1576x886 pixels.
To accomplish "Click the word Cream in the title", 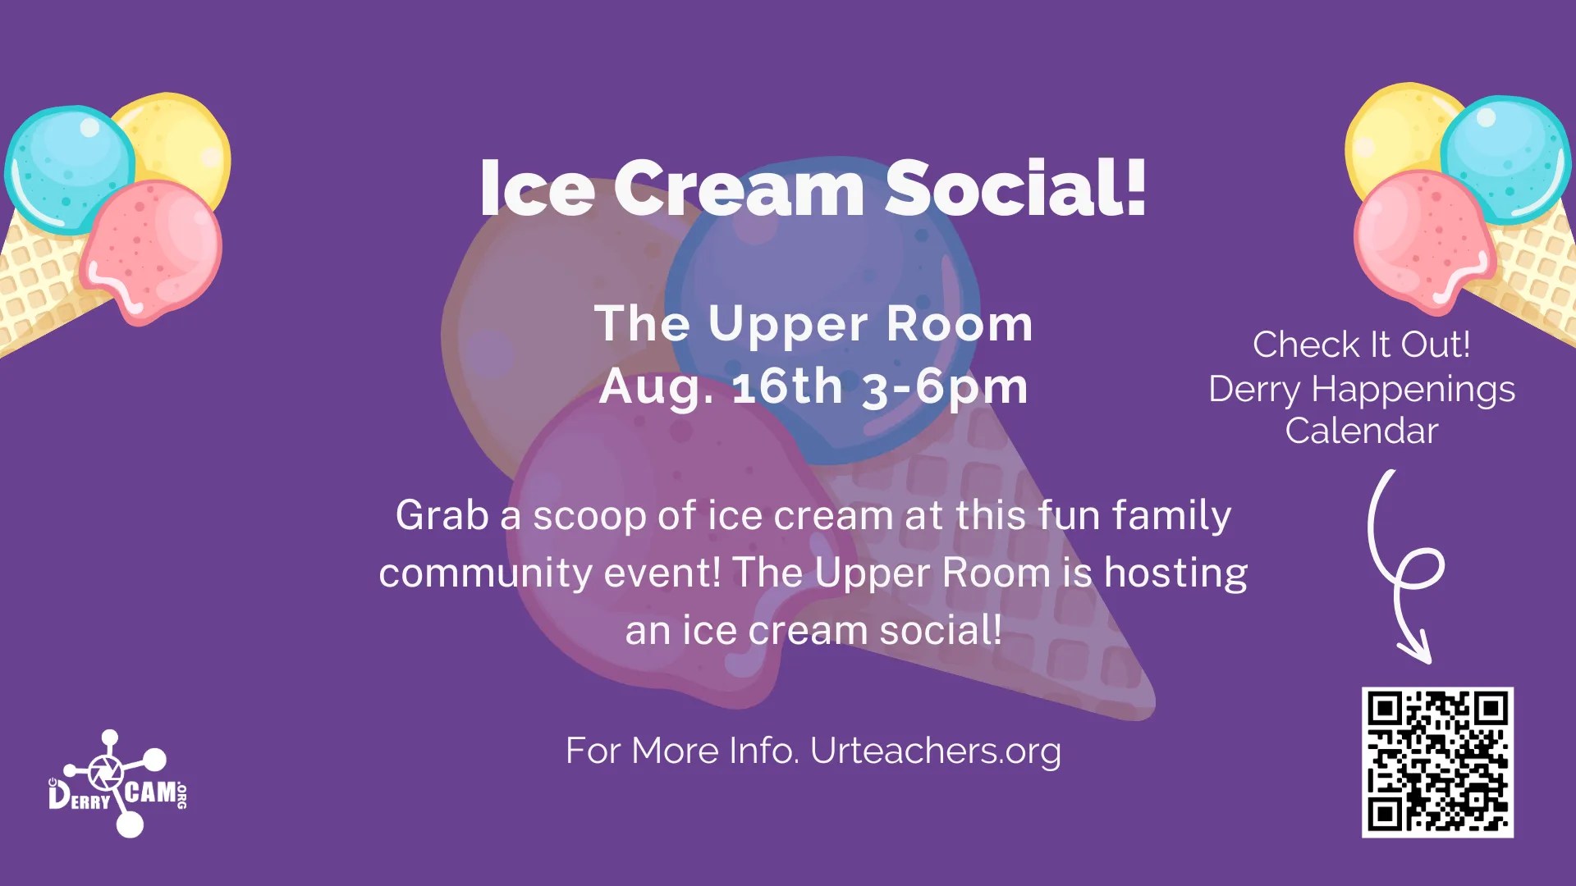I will point(739,189).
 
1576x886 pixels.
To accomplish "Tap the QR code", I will point(1437,762).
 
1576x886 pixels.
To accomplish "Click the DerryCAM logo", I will point(117,784).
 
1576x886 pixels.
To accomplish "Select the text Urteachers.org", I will point(935,751).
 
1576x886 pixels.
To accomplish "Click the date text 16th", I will point(787,386).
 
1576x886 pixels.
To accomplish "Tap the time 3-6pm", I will point(945,386).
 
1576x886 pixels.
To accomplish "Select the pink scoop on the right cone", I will point(1416,238).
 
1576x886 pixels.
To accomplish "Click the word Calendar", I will point(1361,431).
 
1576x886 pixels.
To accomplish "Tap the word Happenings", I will point(1413,389).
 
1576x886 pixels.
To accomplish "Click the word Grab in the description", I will point(442,515).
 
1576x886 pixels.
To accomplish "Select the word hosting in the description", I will point(1175,573).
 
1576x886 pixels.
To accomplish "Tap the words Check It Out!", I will point(1361,345).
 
